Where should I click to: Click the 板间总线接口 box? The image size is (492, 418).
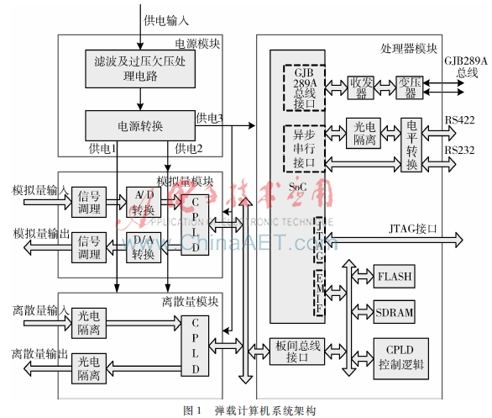pos(299,352)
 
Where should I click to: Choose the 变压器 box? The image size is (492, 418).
pos(409,87)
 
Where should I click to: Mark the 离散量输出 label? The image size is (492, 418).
pos(34,352)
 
